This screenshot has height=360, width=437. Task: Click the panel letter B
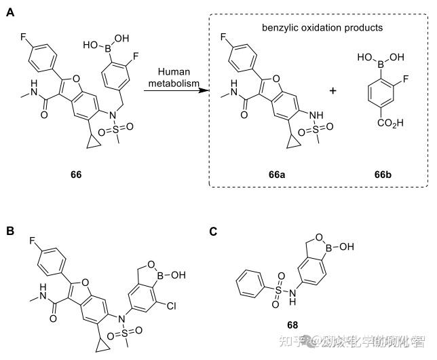10,232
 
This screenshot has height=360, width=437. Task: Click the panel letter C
213,232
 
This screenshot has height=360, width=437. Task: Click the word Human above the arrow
172,72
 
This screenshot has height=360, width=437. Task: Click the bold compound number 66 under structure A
75,175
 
